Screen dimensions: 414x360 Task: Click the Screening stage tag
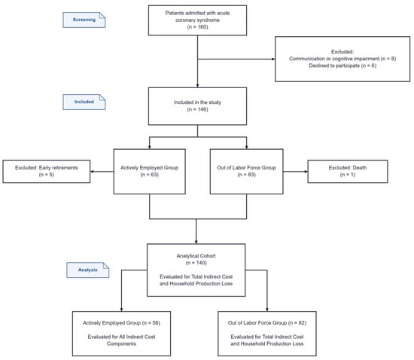84,20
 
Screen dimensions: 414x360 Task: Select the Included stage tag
84,102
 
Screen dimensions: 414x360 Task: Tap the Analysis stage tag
87,270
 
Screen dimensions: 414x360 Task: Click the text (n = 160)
197,27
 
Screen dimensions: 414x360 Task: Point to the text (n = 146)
197,109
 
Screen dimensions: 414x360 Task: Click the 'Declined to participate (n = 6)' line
342,66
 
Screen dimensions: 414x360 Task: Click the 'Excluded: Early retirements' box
47,172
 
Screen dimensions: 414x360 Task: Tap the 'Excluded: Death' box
348,172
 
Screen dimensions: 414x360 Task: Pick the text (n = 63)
150,175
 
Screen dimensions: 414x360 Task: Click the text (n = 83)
247,175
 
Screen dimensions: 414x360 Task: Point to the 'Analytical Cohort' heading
196,255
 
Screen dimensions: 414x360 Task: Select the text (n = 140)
196,263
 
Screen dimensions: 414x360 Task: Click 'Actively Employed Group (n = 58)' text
121,323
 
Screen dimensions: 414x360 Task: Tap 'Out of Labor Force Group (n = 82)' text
267,323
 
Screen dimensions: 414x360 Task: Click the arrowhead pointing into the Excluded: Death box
306,172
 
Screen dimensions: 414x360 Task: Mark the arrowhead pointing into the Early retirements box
92,172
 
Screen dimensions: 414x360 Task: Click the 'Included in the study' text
197,102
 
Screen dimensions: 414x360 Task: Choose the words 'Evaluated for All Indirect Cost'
121,337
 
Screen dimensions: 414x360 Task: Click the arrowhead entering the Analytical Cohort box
196,242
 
